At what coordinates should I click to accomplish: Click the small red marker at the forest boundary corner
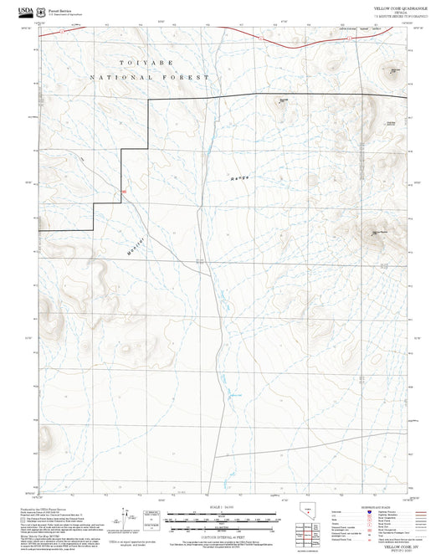click(124, 192)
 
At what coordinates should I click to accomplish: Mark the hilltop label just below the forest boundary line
click(283, 102)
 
